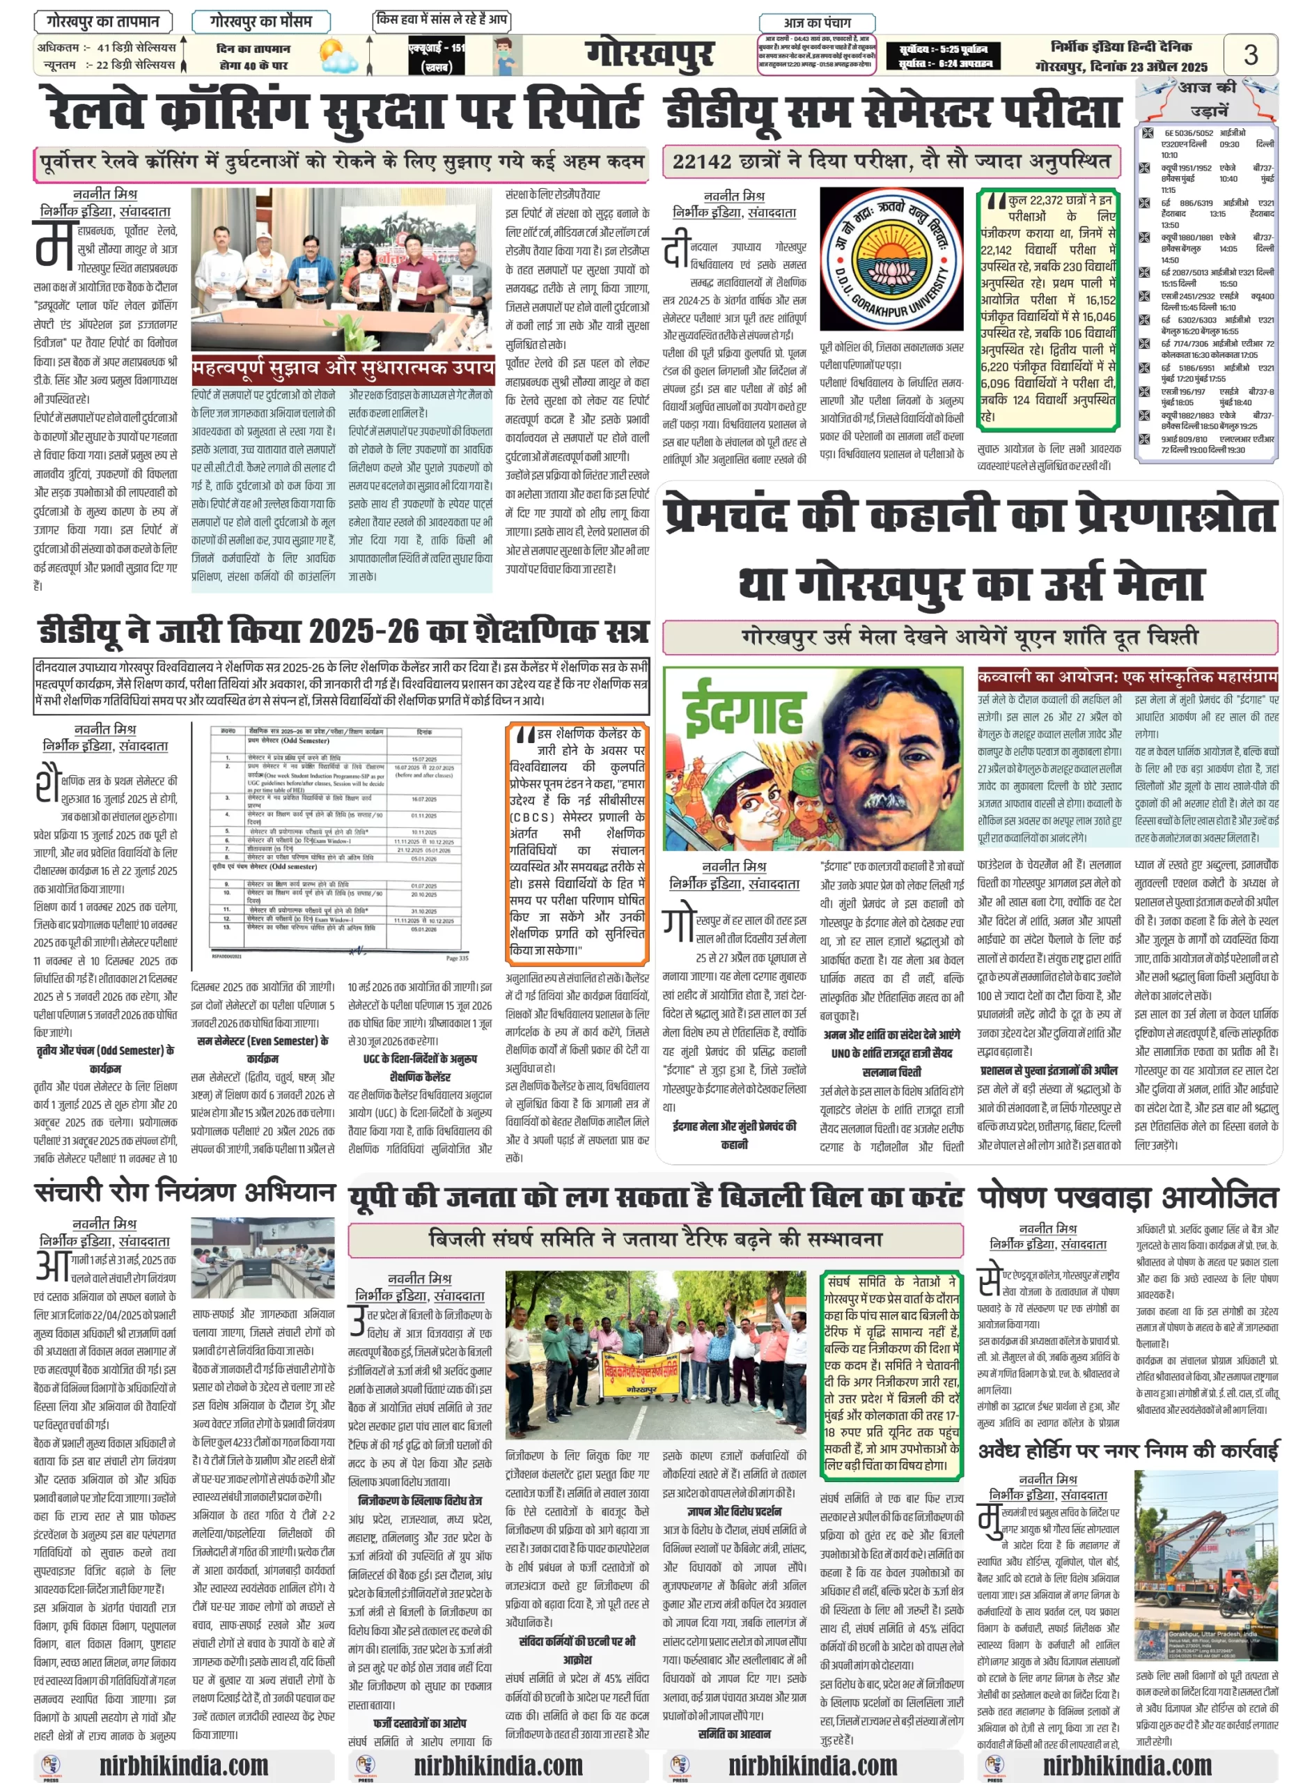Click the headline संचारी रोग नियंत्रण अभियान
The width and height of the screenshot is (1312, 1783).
(x=185, y=1193)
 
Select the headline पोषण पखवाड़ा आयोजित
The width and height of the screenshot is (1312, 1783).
(x=1127, y=1196)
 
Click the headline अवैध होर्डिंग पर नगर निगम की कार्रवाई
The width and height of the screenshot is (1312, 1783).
(x=1127, y=1451)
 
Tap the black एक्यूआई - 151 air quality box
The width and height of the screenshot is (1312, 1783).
(x=436, y=56)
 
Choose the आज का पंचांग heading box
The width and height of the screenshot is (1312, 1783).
(x=816, y=22)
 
